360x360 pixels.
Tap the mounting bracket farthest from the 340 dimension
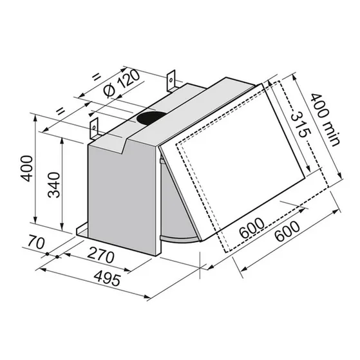pyautogui.click(x=171, y=81)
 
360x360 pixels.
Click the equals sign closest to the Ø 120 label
pyautogui.click(x=97, y=77)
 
